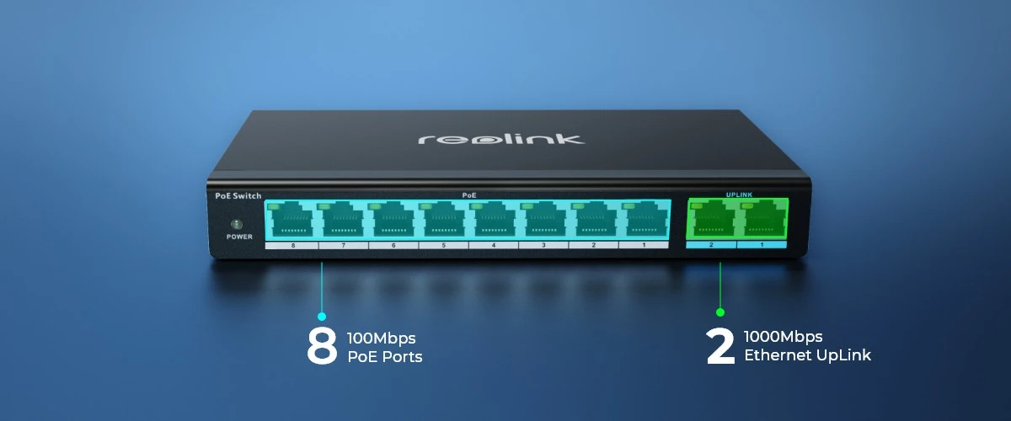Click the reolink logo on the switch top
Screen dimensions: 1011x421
click(x=501, y=139)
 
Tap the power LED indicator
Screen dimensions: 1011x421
click(x=237, y=224)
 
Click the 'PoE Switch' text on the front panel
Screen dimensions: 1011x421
click(x=238, y=196)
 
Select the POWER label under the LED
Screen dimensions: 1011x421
click(x=239, y=237)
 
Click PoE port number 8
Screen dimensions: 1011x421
click(x=292, y=220)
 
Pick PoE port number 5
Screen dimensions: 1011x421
click(x=443, y=220)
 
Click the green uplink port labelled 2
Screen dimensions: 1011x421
click(x=712, y=220)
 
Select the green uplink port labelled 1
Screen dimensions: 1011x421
click(x=762, y=220)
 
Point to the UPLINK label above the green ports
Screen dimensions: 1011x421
click(x=739, y=195)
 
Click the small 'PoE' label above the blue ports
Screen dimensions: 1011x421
click(x=469, y=195)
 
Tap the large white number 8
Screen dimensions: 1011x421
click(x=322, y=345)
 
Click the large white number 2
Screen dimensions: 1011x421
click(x=720, y=346)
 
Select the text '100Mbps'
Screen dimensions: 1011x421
click(x=382, y=338)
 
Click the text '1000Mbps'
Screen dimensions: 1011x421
click(x=783, y=336)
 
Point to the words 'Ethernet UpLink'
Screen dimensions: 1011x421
click(x=807, y=355)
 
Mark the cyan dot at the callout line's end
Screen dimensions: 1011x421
click(x=322, y=317)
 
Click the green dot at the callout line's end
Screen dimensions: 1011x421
click(x=720, y=312)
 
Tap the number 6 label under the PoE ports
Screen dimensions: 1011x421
click(x=393, y=246)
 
